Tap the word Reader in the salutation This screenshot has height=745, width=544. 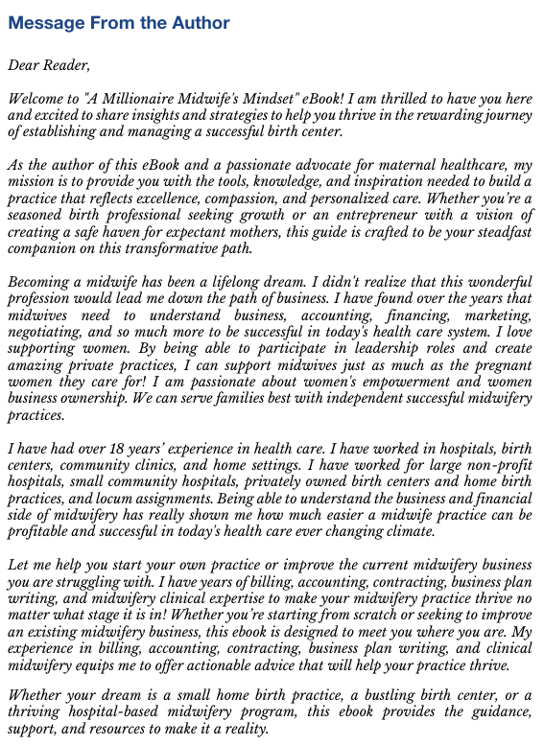pyautogui.click(x=65, y=65)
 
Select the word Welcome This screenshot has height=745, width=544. pyautogui.click(x=35, y=99)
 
